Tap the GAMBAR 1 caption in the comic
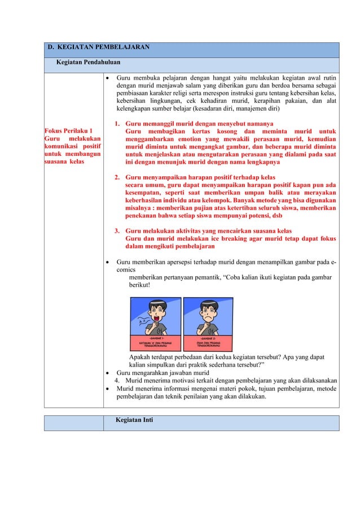click(156, 337)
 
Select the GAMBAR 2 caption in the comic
click(212, 337)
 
